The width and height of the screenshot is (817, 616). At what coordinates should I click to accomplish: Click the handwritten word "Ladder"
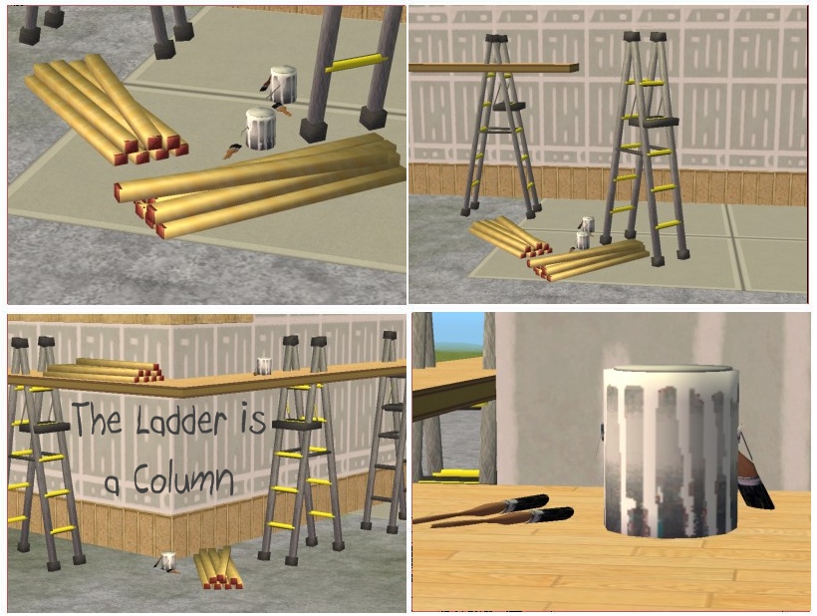pos(181,420)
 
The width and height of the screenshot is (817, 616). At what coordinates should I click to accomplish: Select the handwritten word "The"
pos(97,418)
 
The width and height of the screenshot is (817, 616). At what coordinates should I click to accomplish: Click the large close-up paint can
pos(672,452)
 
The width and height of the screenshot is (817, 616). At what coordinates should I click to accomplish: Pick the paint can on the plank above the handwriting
pos(264,366)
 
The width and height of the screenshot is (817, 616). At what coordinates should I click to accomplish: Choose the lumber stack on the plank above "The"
pos(105,370)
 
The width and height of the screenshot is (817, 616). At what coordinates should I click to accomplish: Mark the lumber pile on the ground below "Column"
pos(218,568)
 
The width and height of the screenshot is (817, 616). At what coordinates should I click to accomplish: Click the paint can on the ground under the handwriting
pos(167,562)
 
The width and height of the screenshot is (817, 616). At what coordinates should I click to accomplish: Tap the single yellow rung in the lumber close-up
pos(357,63)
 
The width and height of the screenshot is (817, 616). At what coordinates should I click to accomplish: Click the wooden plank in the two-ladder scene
pos(493,68)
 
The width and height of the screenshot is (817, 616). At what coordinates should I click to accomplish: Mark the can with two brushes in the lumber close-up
pos(281,86)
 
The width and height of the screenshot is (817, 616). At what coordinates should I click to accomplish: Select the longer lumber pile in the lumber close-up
pos(260,185)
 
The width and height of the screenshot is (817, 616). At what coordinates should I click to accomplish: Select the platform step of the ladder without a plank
pos(654,122)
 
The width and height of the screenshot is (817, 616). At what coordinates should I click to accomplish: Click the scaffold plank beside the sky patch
pos(453,390)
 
